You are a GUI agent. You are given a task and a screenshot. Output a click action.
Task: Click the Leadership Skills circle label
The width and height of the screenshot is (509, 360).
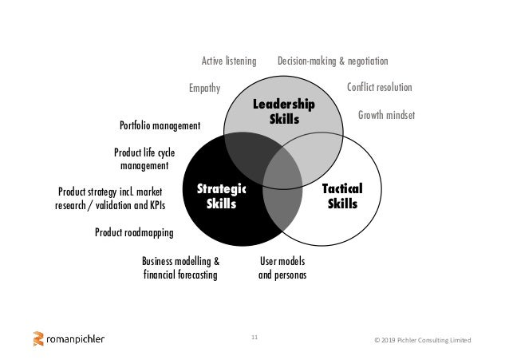[283, 113]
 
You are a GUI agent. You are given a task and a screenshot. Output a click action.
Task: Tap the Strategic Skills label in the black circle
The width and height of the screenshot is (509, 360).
[222, 196]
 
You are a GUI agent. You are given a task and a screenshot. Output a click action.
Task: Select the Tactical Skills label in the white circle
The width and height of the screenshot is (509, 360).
[342, 196]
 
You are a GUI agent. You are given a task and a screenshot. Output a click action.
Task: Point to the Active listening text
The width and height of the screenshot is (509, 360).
[228, 61]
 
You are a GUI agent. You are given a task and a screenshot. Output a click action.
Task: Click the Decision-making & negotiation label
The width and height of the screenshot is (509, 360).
[333, 61]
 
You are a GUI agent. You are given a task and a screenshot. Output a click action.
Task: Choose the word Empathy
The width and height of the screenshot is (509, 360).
[204, 88]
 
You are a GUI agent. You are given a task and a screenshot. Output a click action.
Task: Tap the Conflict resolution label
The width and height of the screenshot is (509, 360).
[380, 88]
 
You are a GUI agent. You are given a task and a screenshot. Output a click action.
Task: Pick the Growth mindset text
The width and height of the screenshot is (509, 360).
[386, 115]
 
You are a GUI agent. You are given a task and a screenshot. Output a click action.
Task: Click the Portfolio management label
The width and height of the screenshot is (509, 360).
[160, 125]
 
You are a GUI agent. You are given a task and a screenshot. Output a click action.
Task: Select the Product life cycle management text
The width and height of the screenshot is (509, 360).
[144, 159]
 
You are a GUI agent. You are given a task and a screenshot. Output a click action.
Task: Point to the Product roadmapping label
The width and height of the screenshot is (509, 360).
[134, 232]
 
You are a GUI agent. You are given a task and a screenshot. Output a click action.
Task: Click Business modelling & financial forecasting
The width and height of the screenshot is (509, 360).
[180, 268]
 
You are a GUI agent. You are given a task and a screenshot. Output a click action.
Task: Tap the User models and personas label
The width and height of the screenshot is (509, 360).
[282, 268]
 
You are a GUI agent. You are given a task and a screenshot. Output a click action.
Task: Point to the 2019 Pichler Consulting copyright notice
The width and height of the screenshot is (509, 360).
[423, 341]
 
